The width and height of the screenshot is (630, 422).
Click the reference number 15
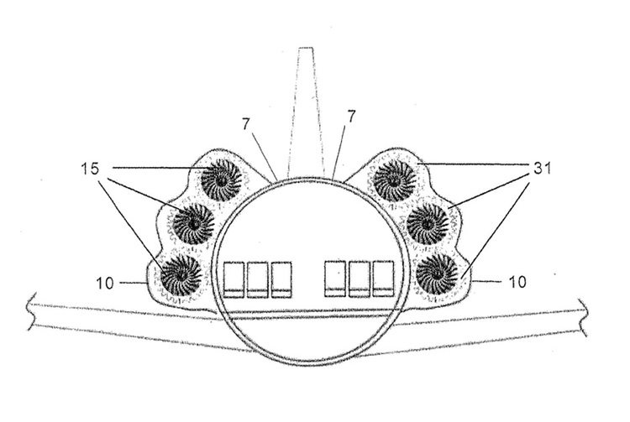(x=90, y=169)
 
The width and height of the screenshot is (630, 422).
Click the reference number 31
(x=542, y=169)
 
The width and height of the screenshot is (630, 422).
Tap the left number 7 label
(x=246, y=124)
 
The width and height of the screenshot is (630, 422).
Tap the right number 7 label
(x=351, y=117)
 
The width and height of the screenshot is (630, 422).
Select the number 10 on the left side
(x=105, y=284)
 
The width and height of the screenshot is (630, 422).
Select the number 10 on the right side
(x=517, y=282)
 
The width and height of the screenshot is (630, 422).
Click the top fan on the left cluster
(x=221, y=180)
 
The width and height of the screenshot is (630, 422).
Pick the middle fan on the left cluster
(x=194, y=224)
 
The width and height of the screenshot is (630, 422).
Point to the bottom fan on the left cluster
(x=181, y=275)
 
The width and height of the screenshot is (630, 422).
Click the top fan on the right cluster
(x=394, y=180)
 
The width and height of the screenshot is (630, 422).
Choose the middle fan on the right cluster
(x=428, y=224)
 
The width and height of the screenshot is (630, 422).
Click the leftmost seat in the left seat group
(x=234, y=280)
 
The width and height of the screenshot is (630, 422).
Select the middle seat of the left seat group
(x=258, y=280)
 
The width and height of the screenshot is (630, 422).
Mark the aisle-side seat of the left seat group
(x=281, y=280)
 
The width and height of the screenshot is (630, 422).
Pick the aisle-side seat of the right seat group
(x=335, y=279)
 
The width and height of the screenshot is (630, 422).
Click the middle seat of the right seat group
(x=360, y=279)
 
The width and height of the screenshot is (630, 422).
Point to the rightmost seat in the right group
(x=383, y=279)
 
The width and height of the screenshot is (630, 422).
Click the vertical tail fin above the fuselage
(x=306, y=112)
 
